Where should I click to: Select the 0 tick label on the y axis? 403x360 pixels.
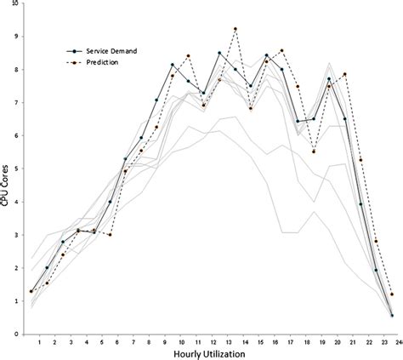[x=15, y=334]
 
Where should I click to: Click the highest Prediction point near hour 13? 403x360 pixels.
[x=235, y=29]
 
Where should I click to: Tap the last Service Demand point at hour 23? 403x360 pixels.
[x=391, y=315]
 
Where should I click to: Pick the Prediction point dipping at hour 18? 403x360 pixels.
[x=314, y=151]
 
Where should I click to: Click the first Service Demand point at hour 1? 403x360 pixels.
[x=31, y=291]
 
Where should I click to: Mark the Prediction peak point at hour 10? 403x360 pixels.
[x=188, y=56]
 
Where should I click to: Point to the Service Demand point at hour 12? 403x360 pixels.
[x=219, y=53]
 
